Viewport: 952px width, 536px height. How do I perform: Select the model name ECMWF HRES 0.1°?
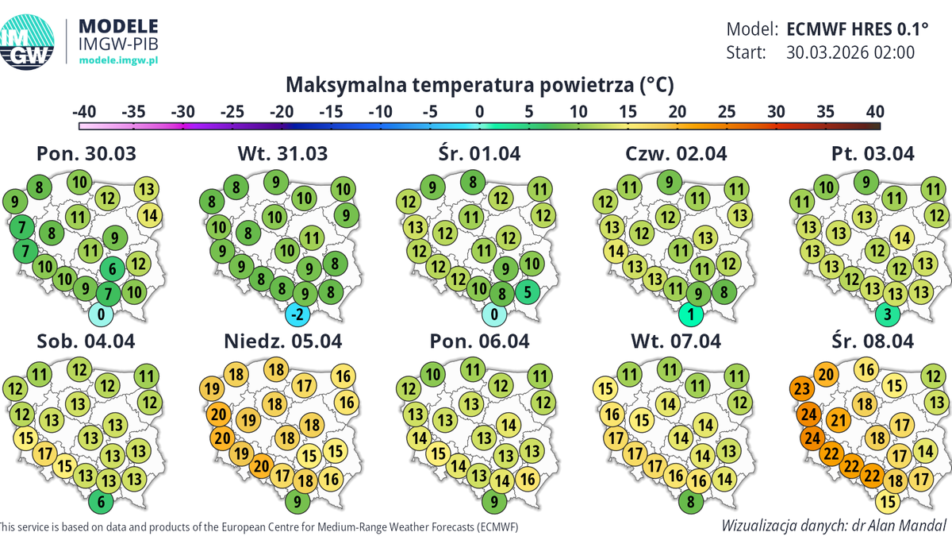857,29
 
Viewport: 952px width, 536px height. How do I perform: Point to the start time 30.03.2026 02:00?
850,52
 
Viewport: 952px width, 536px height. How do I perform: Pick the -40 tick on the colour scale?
85,110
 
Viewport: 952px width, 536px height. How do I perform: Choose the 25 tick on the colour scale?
727,110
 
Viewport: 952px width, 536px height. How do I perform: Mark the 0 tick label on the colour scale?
479,110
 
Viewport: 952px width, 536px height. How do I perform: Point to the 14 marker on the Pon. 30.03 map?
149,214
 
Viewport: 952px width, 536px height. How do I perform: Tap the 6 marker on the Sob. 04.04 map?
100,501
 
